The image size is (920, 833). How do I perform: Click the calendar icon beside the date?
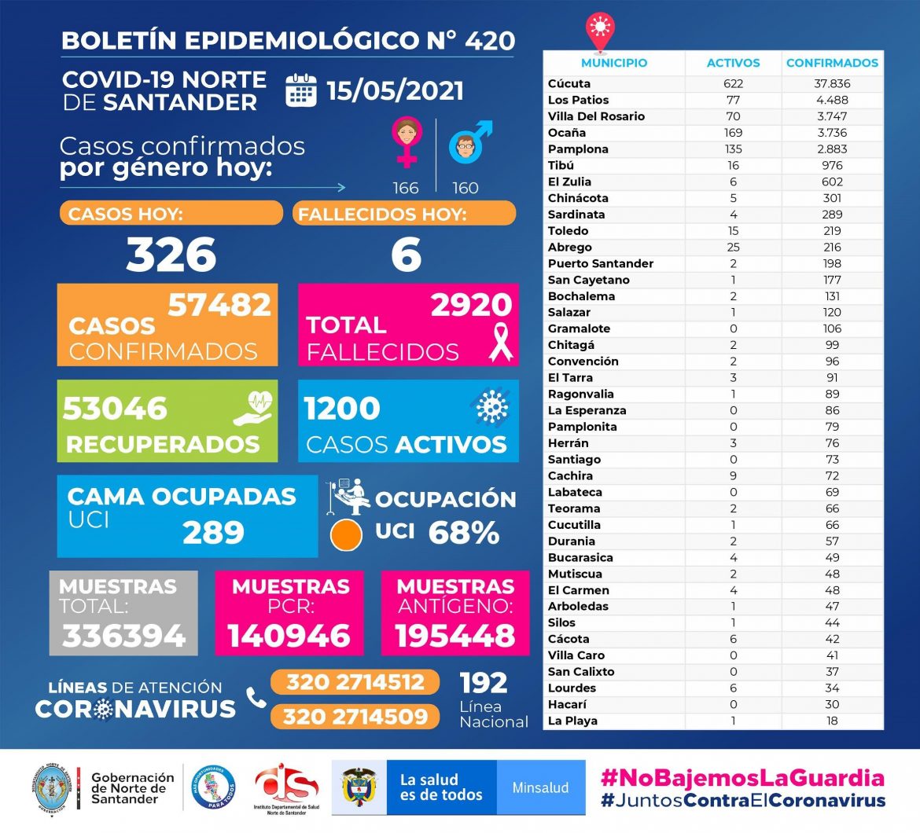[301, 90]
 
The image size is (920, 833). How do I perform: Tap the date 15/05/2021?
[395, 90]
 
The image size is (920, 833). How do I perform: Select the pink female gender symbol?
[407, 142]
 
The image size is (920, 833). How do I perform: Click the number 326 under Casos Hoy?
[171, 255]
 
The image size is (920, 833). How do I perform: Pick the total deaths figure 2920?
[471, 305]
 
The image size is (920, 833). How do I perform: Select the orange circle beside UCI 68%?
[346, 534]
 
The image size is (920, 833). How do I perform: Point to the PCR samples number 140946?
[289, 636]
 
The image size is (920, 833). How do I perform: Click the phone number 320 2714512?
[355, 682]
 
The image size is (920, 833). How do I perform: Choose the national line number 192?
[484, 682]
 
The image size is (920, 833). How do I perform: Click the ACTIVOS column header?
[733, 63]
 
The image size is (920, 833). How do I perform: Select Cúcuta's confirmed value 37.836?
[832, 83]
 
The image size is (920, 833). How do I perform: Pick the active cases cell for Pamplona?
[733, 149]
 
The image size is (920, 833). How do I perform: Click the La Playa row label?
[572, 721]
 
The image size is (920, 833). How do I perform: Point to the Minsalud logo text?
[540, 787]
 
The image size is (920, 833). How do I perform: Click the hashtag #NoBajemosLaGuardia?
[742, 779]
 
